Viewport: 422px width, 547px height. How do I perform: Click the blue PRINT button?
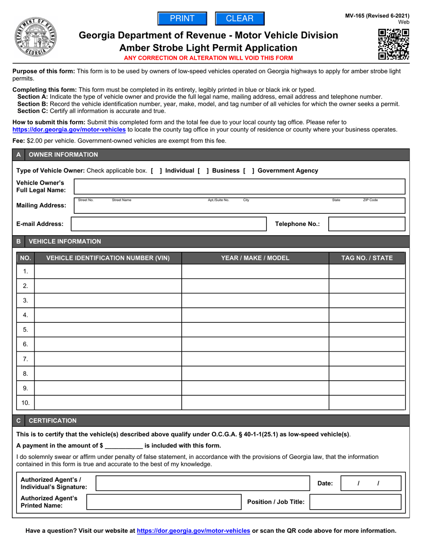[182, 19]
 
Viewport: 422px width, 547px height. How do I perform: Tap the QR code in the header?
[393, 44]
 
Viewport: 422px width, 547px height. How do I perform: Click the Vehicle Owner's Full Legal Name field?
[239, 187]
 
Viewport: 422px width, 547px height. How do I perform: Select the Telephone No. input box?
[366, 224]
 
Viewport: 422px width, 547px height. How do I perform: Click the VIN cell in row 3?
[108, 301]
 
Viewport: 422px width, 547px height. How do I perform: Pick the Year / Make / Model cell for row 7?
[255, 359]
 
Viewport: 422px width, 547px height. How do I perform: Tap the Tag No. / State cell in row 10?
[366, 403]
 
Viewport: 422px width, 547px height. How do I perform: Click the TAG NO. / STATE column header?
[366, 258]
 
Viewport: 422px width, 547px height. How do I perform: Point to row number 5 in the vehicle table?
[25, 330]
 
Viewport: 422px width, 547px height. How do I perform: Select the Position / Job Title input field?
[355, 502]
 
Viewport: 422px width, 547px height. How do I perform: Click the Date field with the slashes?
[370, 483]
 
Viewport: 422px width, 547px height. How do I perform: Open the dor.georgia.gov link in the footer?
[193, 531]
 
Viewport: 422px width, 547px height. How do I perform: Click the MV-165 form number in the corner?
[377, 16]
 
